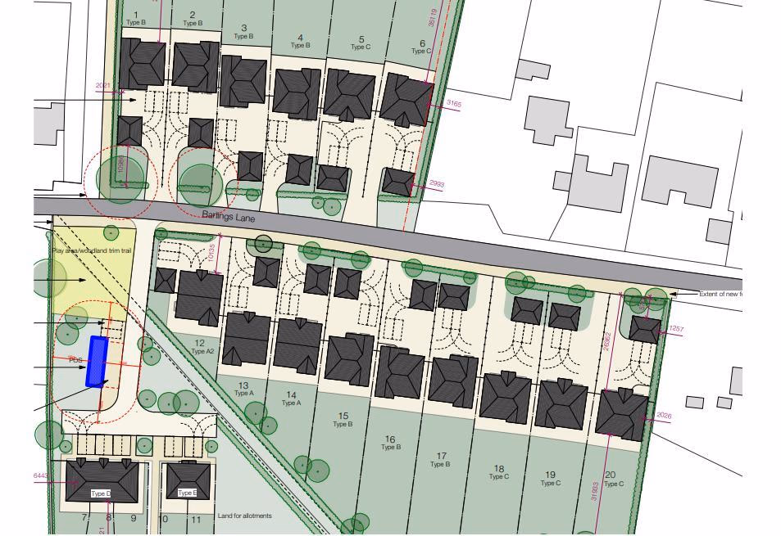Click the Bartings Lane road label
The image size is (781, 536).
pos(229,217)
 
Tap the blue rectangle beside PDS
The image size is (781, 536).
pos(98,361)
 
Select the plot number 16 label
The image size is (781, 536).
pos(390,439)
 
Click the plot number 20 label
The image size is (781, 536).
pos(610,475)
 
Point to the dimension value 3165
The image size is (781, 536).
pos(453,104)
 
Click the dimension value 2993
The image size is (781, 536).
pos(436,185)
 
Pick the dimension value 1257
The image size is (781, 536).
pos(676,329)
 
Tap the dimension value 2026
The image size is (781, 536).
pos(664,417)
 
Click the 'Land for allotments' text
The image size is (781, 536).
pos(244,516)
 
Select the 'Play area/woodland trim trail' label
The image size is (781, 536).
pos(92,250)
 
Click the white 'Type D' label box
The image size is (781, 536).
pos(101,493)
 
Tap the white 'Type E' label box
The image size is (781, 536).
pos(187,493)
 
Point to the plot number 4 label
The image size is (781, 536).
pos(301,38)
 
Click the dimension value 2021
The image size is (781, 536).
pos(103,86)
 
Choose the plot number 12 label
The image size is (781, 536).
pos(200,343)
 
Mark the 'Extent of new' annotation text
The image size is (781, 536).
pos(720,294)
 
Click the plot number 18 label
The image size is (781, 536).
pos(498,469)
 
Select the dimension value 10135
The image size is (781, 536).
pos(211,254)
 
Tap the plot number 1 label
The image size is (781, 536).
pos(136,16)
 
